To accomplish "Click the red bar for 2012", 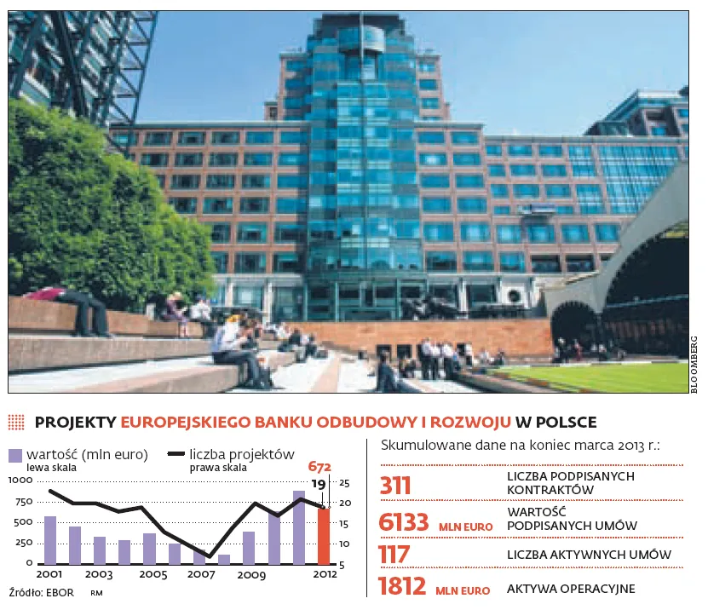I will (x=323, y=536).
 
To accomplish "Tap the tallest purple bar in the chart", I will (x=298, y=527).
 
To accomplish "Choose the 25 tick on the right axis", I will (x=344, y=483).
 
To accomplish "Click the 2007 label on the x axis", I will (x=200, y=575).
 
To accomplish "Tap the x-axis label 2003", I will (x=100, y=575).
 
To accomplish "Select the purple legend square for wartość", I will (x=16, y=455).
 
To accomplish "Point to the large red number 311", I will (x=395, y=486).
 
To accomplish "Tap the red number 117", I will (x=394, y=555).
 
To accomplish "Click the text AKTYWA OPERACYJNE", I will (x=571, y=589).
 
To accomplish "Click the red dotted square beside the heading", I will (x=16, y=422).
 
